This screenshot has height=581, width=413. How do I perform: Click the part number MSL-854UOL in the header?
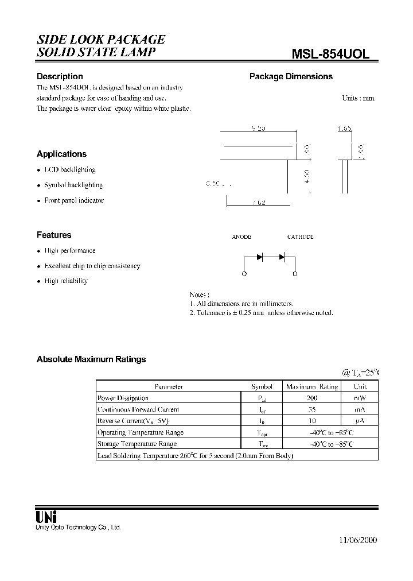pyautogui.click(x=331, y=53)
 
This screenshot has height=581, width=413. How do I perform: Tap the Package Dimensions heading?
pyautogui.click(x=290, y=76)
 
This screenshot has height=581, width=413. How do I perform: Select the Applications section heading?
pyautogui.click(x=61, y=154)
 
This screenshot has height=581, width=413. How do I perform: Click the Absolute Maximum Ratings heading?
pyautogui.click(x=91, y=359)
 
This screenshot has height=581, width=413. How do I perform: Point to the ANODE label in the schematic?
pyautogui.click(x=241, y=237)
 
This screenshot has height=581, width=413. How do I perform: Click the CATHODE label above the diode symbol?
pyautogui.click(x=300, y=237)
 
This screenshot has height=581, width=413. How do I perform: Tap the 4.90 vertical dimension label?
pyautogui.click(x=307, y=176)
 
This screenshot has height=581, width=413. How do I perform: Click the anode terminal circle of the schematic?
pyautogui.click(x=245, y=275)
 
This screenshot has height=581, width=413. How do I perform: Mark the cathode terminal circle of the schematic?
pyautogui.click(x=295, y=275)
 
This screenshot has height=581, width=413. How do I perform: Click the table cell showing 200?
pyautogui.click(x=312, y=398)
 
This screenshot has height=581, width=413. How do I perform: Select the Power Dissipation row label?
pyautogui.click(x=123, y=398)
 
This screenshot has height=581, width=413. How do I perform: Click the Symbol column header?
pyautogui.click(x=262, y=386)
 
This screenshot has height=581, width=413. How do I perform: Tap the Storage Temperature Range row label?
pyautogui.click(x=137, y=444)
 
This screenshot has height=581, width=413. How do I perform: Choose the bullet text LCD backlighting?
pyautogui.click(x=69, y=170)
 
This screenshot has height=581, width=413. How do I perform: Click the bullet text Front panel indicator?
pyautogui.click(x=74, y=200)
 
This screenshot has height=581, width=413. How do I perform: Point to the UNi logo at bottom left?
pyautogui.click(x=47, y=516)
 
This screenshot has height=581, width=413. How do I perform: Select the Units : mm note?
pyautogui.click(x=358, y=98)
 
